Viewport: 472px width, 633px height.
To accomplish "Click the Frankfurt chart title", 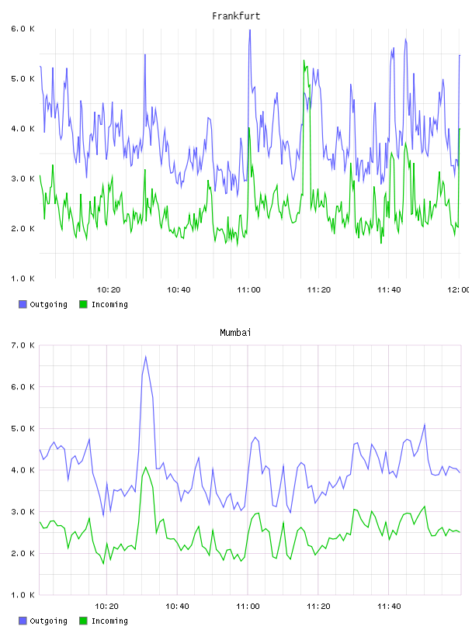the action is click(236, 16).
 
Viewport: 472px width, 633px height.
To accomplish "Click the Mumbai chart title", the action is click(235, 333).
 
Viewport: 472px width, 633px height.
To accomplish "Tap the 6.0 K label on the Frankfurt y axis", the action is click(23, 29).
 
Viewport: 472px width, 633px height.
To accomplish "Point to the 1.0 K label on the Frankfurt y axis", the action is click(23, 278).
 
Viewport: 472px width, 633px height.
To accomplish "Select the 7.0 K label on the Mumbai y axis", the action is click(23, 345).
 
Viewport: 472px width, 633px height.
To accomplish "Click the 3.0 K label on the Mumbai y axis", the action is click(23, 512).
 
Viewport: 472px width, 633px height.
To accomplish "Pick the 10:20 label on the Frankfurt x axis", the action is click(109, 290).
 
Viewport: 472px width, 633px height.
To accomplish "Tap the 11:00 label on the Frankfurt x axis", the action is click(248, 290).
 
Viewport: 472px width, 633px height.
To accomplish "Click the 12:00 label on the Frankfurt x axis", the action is click(458, 290).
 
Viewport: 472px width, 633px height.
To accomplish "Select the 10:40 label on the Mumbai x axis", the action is click(177, 607).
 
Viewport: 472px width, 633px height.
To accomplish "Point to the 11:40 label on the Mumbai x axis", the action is click(389, 607).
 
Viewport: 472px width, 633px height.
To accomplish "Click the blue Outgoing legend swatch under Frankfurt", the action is click(23, 304).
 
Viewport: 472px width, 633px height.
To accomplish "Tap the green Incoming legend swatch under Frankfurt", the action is click(83, 304).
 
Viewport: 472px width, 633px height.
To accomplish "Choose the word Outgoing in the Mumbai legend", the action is click(48, 621).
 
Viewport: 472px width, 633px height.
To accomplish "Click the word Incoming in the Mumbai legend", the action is click(109, 621).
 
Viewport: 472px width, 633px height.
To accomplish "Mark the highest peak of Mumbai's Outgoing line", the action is click(145, 357).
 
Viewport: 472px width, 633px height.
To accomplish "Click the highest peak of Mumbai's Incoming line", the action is click(145, 467).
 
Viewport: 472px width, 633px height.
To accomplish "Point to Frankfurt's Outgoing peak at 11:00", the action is click(250, 30).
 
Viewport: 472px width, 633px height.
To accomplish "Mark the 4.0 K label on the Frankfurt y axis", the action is click(23, 129).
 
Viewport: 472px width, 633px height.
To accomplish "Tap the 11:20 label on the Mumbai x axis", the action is click(318, 607).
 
